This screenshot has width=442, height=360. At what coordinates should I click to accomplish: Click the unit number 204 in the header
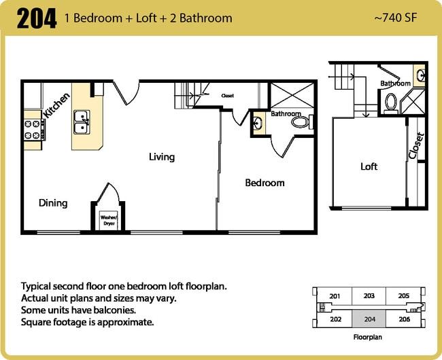[37, 18]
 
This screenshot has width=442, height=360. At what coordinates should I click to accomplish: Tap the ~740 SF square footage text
[396, 18]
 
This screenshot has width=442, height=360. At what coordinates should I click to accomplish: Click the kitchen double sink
[82, 121]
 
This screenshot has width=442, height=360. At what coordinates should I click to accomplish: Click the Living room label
[162, 157]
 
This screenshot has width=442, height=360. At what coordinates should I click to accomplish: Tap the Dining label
[53, 202]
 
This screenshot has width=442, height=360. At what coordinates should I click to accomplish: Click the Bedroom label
[265, 183]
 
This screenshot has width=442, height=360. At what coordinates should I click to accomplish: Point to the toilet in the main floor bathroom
[300, 123]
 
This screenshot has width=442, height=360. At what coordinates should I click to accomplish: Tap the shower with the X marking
[292, 94]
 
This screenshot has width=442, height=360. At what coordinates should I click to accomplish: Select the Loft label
[369, 166]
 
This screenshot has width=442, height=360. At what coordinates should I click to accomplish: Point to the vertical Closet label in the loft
[415, 146]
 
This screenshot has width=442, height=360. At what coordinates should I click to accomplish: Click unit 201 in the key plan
[335, 296]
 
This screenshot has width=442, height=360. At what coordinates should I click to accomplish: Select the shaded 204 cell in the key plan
[369, 319]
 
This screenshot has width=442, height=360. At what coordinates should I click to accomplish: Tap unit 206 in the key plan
[403, 319]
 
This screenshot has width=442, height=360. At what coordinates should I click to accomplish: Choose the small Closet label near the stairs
[227, 96]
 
